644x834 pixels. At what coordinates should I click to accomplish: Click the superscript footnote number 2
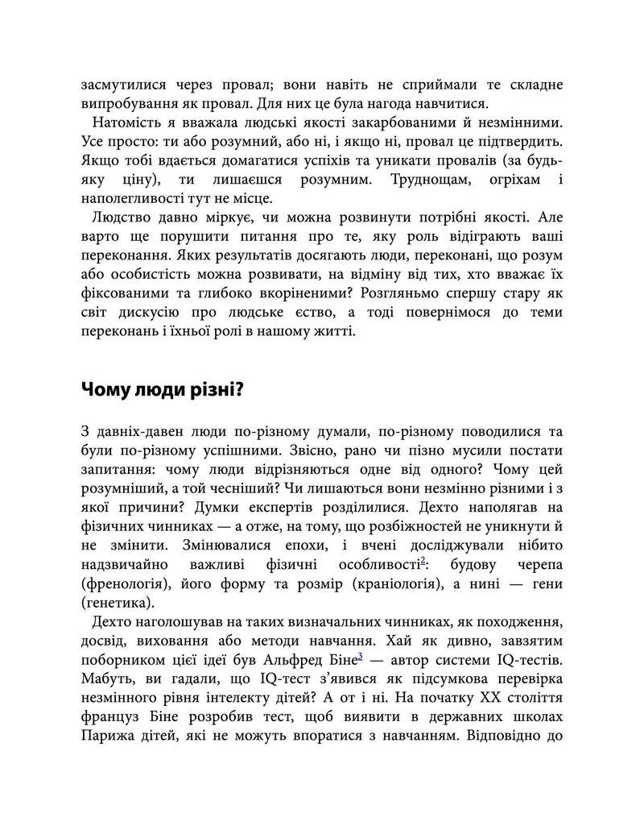click(423, 558)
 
